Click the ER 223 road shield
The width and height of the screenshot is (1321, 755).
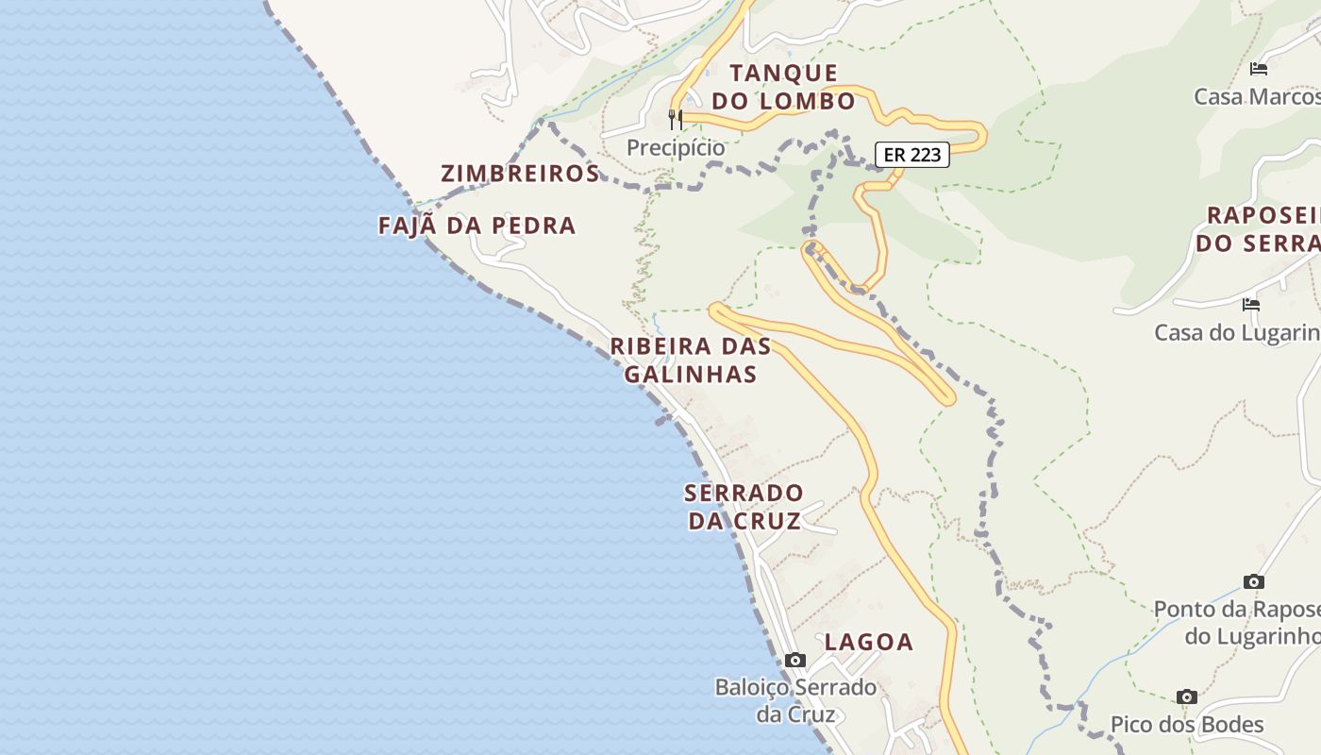(x=912, y=155)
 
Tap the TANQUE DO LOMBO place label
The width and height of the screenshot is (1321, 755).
(x=783, y=87)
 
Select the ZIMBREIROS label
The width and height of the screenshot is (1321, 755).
(x=520, y=174)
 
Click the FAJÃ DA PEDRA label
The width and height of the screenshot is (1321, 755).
(x=477, y=226)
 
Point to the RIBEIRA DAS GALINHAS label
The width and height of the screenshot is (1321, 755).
(x=691, y=360)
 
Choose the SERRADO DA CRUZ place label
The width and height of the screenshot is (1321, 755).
(x=744, y=507)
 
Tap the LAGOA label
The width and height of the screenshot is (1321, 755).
(x=869, y=643)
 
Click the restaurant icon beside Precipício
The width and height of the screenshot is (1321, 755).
(x=676, y=120)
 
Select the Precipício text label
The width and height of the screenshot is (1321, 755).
(x=676, y=148)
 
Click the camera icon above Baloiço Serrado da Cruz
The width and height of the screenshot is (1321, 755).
(x=795, y=660)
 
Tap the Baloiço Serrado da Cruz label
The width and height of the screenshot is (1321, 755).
(x=795, y=700)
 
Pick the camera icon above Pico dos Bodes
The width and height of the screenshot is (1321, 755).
(x=1187, y=696)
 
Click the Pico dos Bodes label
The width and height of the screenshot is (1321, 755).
(x=1187, y=725)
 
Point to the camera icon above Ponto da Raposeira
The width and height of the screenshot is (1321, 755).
(x=1253, y=581)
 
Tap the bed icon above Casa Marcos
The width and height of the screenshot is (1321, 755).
(x=1258, y=68)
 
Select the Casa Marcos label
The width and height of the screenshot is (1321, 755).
(x=1257, y=96)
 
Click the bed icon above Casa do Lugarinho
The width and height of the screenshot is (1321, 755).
(x=1251, y=304)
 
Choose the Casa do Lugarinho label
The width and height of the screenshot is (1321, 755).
(x=1237, y=332)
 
